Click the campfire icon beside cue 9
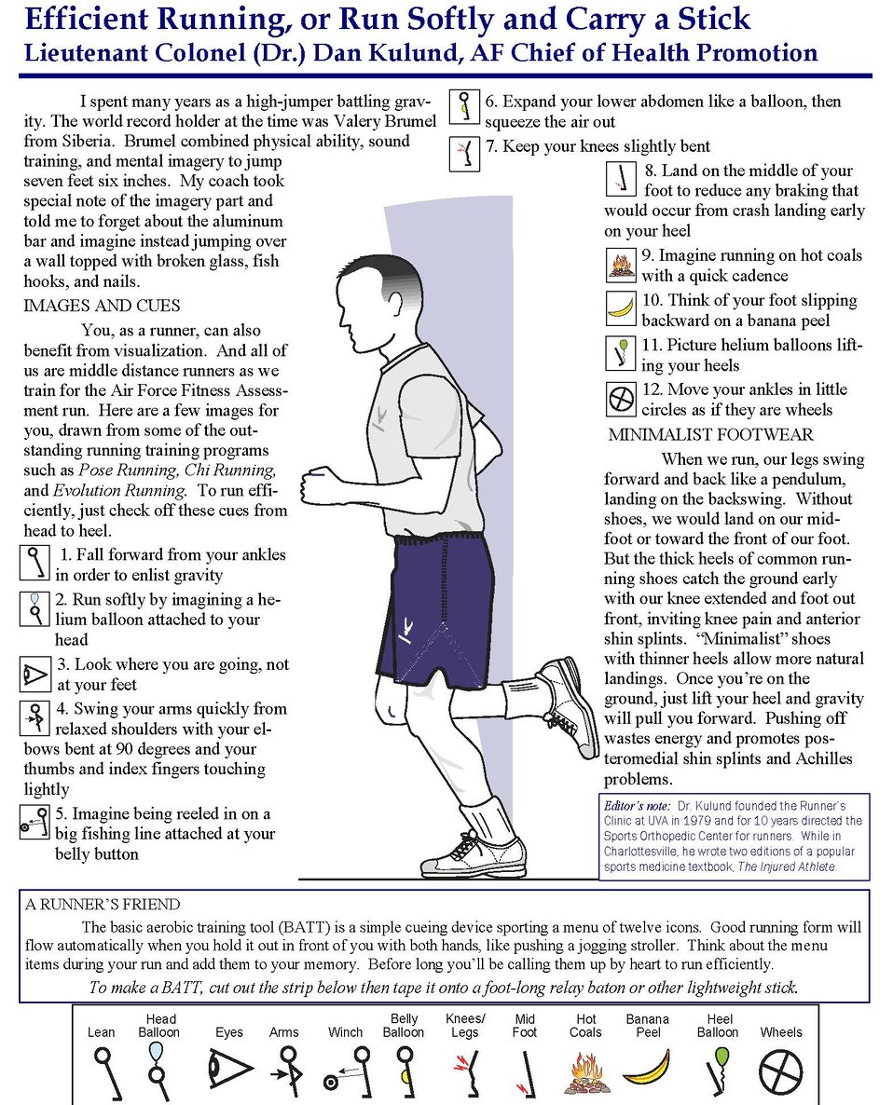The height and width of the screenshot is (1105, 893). [620, 266]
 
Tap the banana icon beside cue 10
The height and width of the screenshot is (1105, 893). [620, 307]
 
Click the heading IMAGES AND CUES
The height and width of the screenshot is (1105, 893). [102, 306]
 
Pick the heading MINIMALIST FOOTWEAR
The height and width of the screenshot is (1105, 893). [710, 434]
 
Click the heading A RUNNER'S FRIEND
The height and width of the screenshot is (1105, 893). [103, 904]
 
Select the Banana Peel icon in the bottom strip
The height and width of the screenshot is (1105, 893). [647, 1070]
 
